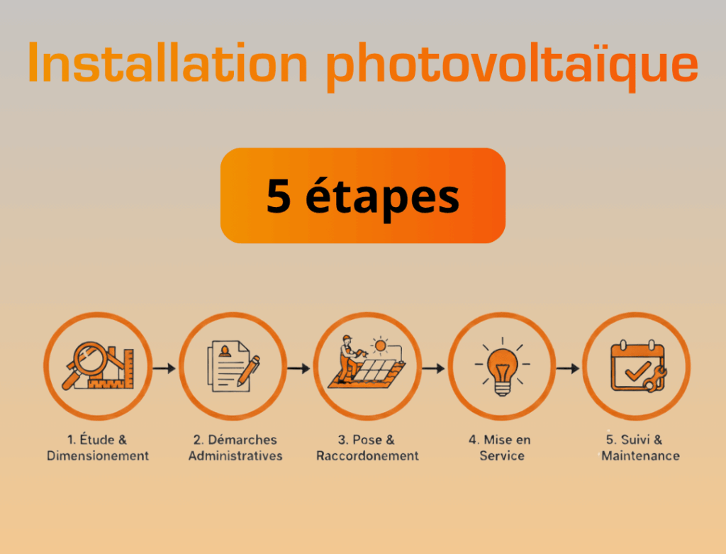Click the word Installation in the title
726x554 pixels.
167,62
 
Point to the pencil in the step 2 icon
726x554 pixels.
248,370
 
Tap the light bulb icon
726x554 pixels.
502,369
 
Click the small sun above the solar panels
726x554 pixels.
381,345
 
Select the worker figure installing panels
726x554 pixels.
350,359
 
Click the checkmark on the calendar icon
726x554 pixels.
637,371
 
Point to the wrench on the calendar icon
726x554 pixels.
654,380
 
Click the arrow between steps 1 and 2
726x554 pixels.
164,368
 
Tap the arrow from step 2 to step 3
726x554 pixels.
298,368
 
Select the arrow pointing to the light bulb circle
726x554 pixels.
433,368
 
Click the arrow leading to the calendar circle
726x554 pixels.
568,368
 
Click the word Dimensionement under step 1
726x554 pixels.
98,456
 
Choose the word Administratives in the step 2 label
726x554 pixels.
235,456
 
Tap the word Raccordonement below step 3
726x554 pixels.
368,456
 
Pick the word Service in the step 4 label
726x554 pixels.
502,456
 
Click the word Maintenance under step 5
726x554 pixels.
640,456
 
